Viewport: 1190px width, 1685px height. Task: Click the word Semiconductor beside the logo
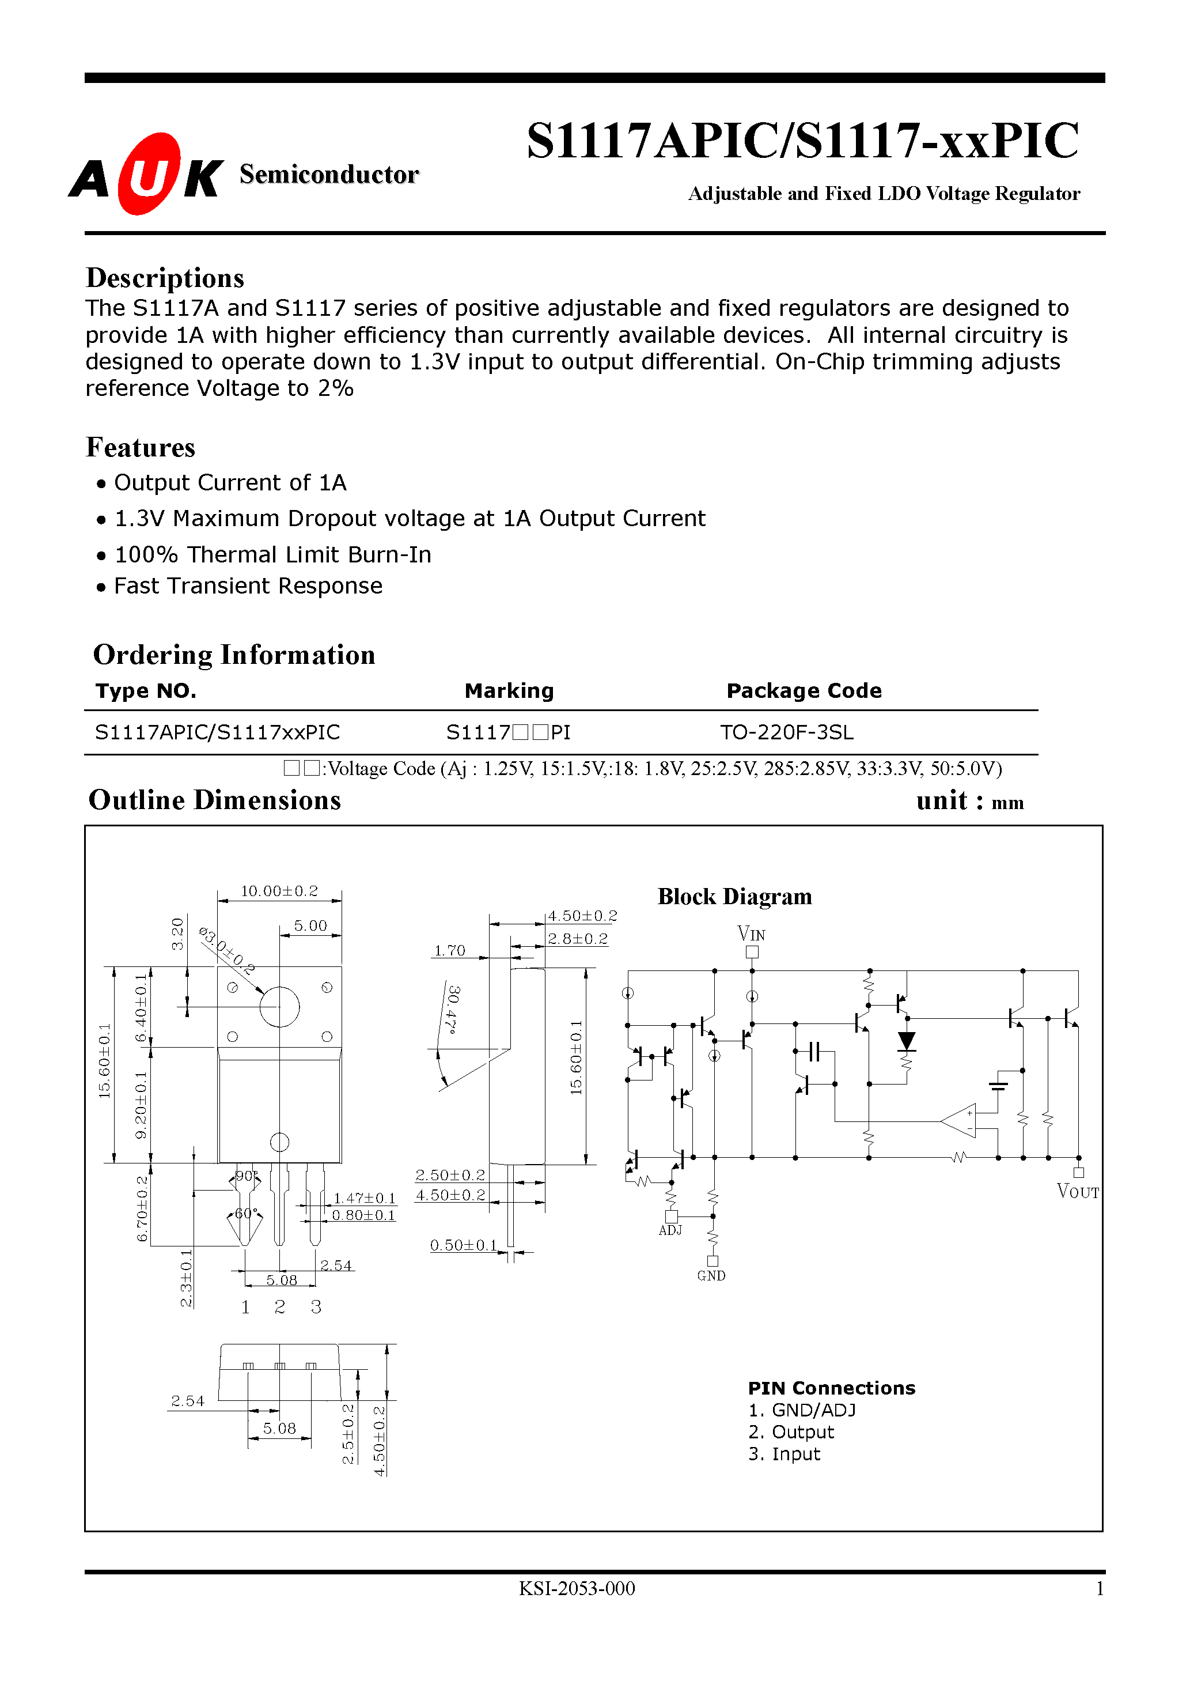[x=329, y=175]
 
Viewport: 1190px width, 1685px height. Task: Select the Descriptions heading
[x=165, y=278]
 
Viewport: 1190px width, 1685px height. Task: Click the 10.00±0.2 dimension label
[x=279, y=891]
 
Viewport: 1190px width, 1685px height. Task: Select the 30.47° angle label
[x=453, y=1010]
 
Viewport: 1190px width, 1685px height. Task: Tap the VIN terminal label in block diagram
[x=751, y=934]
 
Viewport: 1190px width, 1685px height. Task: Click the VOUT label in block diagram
[x=1077, y=1191]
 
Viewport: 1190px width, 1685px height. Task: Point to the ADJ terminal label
[x=670, y=1231]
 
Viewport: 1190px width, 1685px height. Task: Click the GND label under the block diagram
[x=711, y=1276]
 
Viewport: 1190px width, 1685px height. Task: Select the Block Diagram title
[x=734, y=897]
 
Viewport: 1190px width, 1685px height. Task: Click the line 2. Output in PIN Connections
[x=791, y=1432]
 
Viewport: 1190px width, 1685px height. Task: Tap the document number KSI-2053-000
[x=577, y=1588]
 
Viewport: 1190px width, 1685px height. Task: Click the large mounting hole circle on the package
[x=279, y=1006]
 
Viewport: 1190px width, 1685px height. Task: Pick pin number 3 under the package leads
[x=316, y=1306]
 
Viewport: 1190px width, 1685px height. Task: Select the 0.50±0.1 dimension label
[x=464, y=1245]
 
